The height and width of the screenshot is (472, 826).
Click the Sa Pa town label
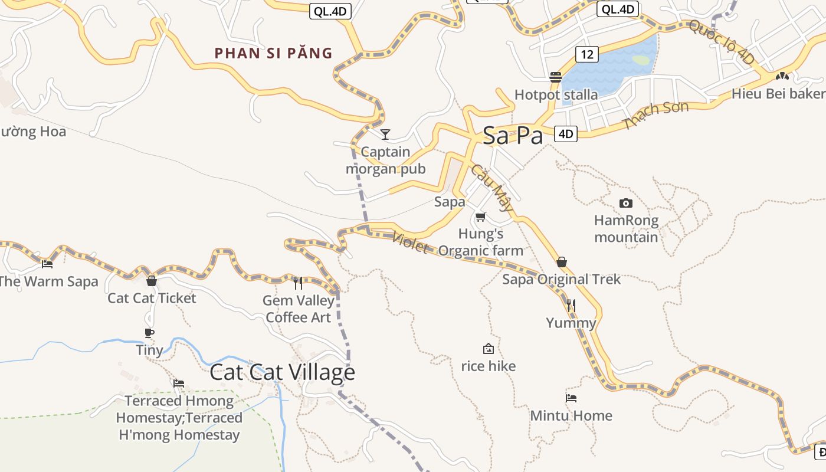click(x=512, y=136)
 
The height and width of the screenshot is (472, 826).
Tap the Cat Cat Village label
click(x=282, y=372)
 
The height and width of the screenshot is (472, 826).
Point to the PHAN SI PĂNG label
click(x=274, y=53)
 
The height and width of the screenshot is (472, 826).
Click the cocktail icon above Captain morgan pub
click(x=385, y=135)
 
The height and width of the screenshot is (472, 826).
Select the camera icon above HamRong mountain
click(x=626, y=204)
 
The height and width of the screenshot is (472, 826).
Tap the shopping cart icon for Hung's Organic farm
click(x=481, y=217)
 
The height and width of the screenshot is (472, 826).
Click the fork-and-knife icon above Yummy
click(x=571, y=306)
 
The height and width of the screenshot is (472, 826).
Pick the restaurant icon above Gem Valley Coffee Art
click(x=298, y=283)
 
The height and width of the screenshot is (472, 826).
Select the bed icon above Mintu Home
click(x=571, y=398)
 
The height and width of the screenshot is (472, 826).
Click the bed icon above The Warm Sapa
click(x=47, y=264)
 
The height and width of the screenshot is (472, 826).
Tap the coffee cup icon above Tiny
click(x=149, y=333)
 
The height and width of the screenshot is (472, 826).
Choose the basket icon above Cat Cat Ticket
click(x=152, y=281)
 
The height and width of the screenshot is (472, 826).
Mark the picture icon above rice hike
click(x=488, y=349)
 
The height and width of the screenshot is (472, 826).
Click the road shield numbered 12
click(x=586, y=54)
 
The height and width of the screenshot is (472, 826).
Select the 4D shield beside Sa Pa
click(x=565, y=134)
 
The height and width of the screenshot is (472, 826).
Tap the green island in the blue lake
click(x=641, y=60)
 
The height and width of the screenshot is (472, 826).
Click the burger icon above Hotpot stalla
click(x=556, y=77)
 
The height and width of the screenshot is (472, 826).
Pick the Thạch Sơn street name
click(x=655, y=115)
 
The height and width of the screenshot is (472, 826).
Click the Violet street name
click(x=409, y=242)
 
